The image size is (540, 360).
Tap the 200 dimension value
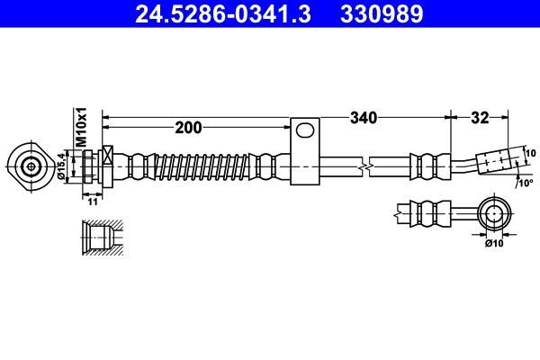(x=188, y=128)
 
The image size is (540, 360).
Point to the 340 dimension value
(x=363, y=117)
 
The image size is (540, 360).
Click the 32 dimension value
(x=479, y=117)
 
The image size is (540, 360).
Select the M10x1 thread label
(x=80, y=127)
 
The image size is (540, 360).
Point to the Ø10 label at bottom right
(x=494, y=242)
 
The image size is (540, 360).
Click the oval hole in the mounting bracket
(x=307, y=131)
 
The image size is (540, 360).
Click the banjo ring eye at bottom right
(x=494, y=213)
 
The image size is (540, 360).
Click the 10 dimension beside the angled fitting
(x=530, y=152)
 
